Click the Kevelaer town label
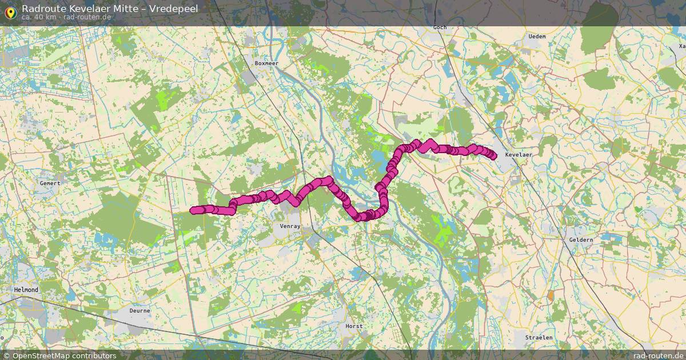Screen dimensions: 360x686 (519, 155)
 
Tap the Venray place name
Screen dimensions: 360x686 (290, 226)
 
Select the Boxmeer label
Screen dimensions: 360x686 (266, 63)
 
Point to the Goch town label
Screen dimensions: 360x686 (440, 27)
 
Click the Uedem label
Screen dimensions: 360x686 (537, 37)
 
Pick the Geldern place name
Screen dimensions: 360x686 (581, 240)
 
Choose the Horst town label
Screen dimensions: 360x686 (354, 326)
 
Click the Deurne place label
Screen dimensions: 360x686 (139, 311)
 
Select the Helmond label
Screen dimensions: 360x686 (26, 290)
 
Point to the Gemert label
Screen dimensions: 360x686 (50, 183)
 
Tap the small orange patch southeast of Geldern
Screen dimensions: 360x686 (551, 296)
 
